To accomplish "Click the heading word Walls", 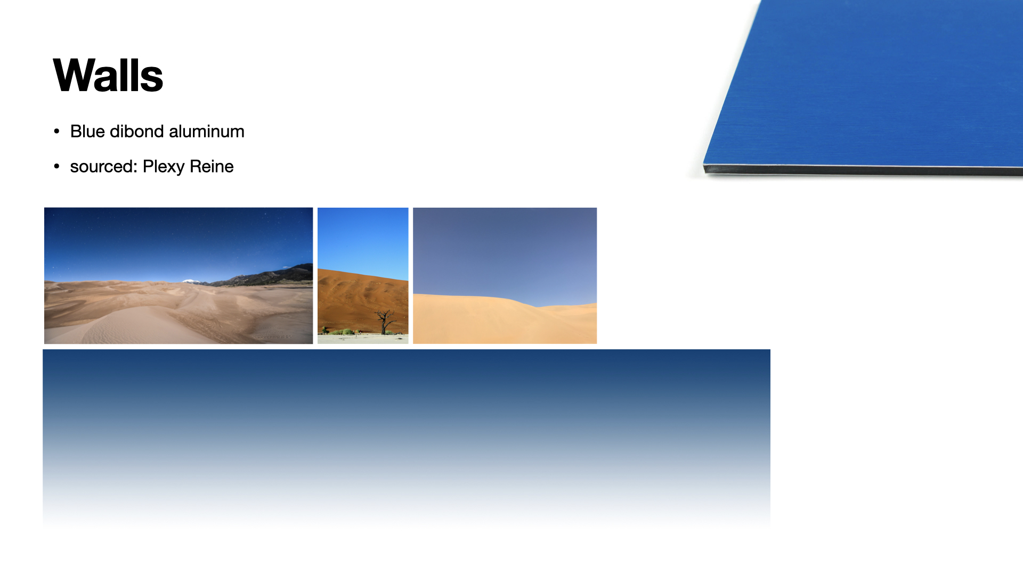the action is click(108, 75).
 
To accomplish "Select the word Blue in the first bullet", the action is click(87, 132).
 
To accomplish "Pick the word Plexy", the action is click(164, 167).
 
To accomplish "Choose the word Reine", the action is click(212, 167).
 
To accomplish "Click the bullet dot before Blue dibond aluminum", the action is click(57, 132).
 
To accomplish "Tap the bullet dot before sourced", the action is click(57, 167).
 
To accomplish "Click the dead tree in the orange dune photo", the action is click(384, 322).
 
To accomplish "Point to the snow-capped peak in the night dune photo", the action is click(191, 281).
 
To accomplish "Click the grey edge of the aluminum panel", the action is click(863, 170).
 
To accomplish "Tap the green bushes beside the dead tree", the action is click(343, 332).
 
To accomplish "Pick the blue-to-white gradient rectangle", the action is click(407, 438).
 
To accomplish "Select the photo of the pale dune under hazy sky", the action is click(505, 276).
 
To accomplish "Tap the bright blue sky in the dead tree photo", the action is click(363, 240).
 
